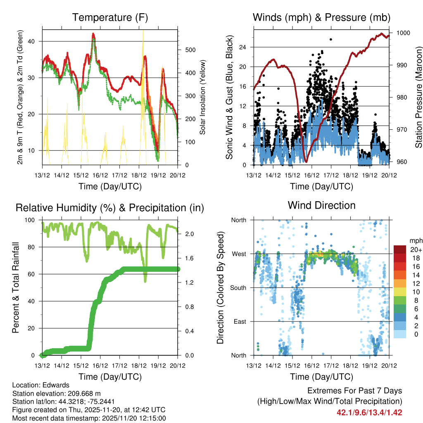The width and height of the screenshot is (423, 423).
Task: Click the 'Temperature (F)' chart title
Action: coord(110,17)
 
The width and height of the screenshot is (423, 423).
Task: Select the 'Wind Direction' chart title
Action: coord(321,205)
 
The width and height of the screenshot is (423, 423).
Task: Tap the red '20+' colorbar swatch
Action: coord(400,250)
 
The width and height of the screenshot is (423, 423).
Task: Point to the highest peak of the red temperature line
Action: coord(93,34)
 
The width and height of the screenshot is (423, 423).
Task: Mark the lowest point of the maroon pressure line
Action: coord(306,161)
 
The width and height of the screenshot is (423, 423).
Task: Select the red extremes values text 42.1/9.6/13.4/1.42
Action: coord(369,412)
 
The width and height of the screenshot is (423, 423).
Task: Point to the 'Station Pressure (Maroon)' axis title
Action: coord(418,97)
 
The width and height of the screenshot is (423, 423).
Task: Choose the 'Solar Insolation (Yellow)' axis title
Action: coord(203,97)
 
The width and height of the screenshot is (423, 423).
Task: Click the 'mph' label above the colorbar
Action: coord(415,240)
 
